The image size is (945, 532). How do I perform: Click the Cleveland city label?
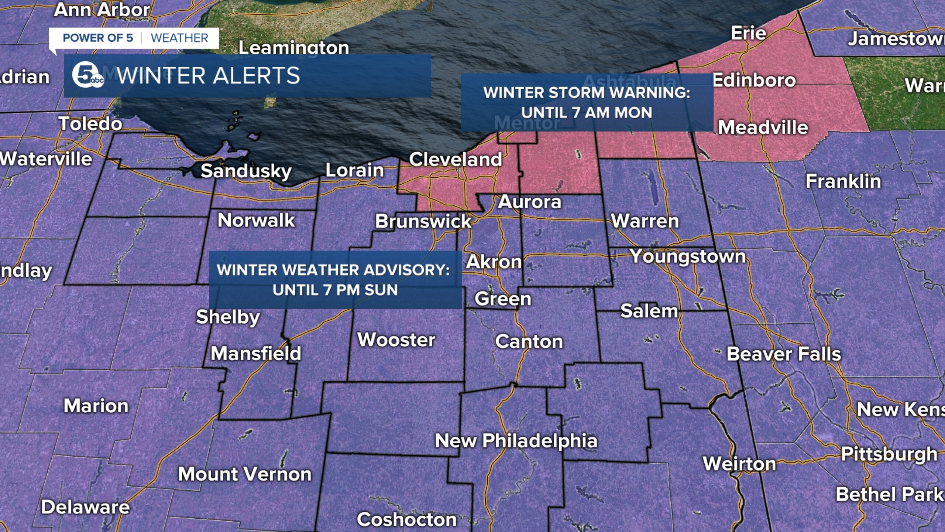coord(455,160)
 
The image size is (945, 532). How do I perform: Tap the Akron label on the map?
coord(494,262)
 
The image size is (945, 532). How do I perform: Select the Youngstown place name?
coord(688,256)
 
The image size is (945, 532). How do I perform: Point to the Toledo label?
coord(90,123)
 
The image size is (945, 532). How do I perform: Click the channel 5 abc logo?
coord(87,75)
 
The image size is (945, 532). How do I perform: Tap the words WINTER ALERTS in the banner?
coord(209,76)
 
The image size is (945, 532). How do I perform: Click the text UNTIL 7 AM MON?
coord(587,113)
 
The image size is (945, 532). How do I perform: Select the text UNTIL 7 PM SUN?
coord(335,290)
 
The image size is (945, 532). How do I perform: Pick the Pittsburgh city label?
coord(889,454)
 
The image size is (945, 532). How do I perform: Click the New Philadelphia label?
coord(516,441)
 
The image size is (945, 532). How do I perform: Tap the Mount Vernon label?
coord(245,474)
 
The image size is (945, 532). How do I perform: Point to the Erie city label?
coord(748,33)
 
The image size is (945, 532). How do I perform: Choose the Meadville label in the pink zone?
coord(763,127)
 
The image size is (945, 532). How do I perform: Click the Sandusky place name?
coord(246,171)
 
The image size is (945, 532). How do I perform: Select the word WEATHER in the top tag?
coord(179,38)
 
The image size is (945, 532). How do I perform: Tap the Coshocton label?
coord(406,519)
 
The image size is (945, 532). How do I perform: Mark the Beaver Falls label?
coord(783,354)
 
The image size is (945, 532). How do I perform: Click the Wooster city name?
coord(396,340)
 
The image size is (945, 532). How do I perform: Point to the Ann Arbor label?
coord(102,10)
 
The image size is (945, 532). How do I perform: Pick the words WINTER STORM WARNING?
coord(587,93)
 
